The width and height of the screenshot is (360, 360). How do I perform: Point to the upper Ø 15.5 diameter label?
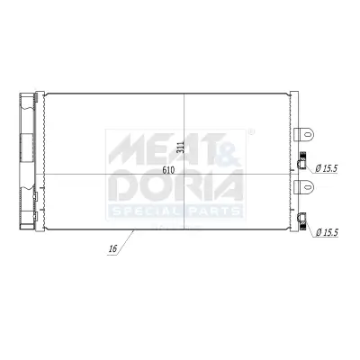click(328, 168)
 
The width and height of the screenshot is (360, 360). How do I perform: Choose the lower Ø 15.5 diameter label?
click(328, 233)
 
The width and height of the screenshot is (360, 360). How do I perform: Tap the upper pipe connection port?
click(303, 164)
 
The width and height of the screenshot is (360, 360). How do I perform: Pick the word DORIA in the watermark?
click(175, 186)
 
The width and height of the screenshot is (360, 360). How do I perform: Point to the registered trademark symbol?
click(249, 131)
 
